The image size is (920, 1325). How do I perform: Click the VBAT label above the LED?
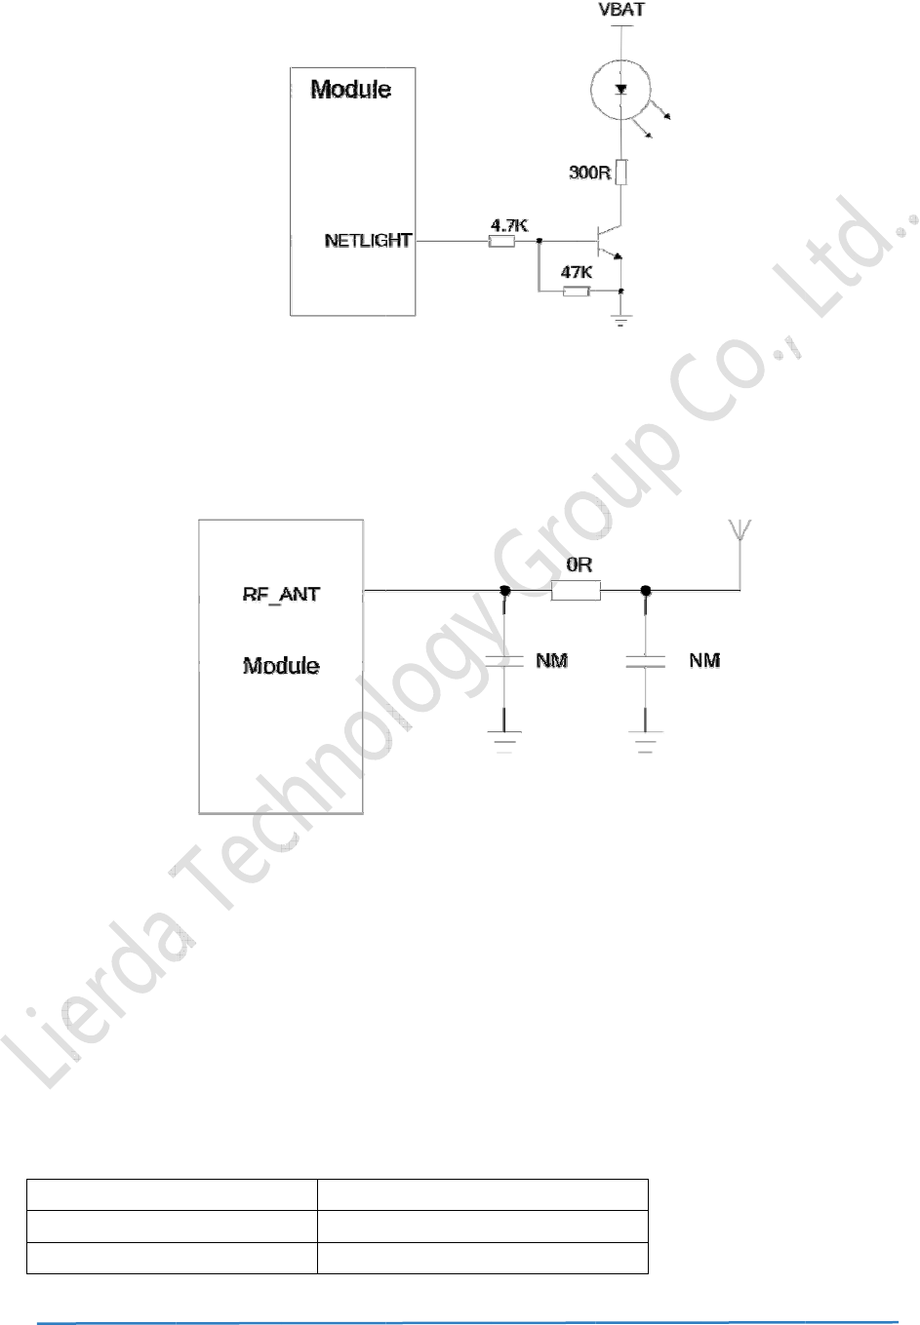pos(621,11)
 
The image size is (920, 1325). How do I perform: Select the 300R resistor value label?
pos(589,173)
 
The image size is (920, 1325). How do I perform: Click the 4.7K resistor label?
pos(509,225)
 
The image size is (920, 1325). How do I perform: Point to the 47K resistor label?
pos(577,273)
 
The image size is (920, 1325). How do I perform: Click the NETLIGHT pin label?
pos(368,240)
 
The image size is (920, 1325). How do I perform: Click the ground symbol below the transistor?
pos(621,318)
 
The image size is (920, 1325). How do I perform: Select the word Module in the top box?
pos(351,90)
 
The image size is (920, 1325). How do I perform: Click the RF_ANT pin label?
pos(281,594)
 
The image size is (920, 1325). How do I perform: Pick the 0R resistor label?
pos(580,565)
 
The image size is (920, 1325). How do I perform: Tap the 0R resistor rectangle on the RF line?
pos(576,590)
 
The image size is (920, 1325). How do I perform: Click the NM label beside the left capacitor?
pos(552,661)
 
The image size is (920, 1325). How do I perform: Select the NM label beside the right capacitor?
pos(704,661)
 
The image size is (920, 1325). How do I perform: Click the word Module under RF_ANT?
pos(281,666)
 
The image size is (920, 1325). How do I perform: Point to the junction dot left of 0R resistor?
pos(504,590)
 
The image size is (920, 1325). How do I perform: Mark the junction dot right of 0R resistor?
pos(645,590)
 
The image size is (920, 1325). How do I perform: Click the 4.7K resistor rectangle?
pos(501,240)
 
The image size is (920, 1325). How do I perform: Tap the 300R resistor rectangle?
pos(621,173)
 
